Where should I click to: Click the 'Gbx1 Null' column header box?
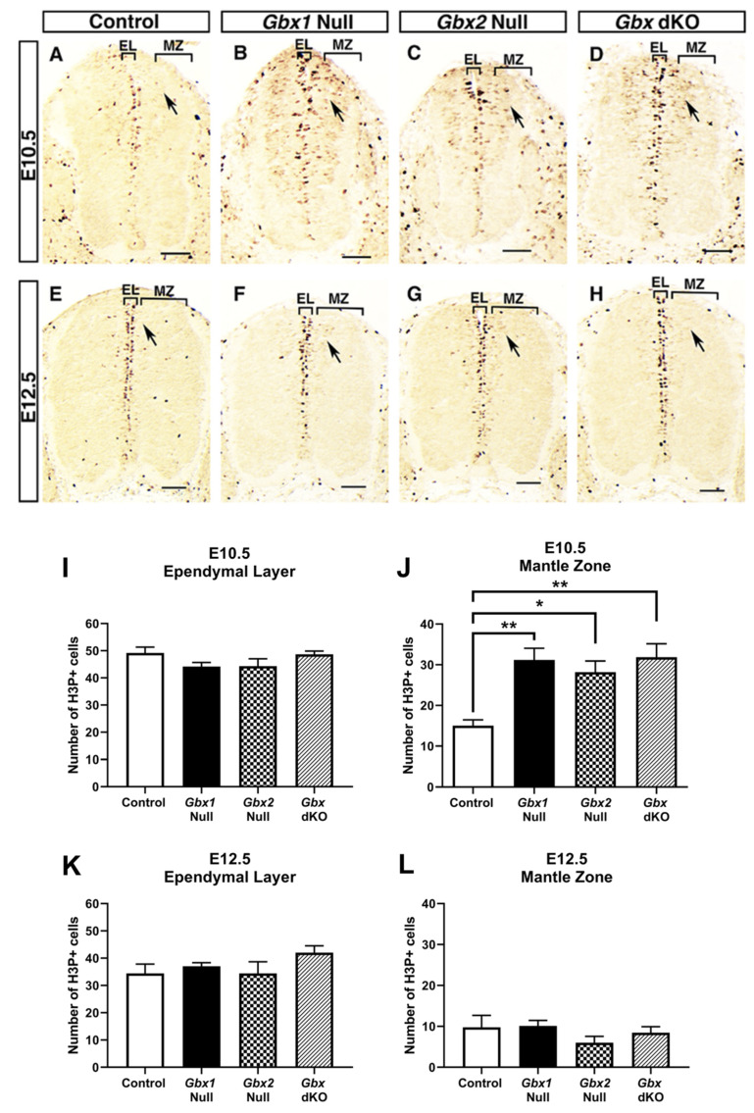(x=297, y=21)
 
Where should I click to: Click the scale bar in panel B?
(x=358, y=256)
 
